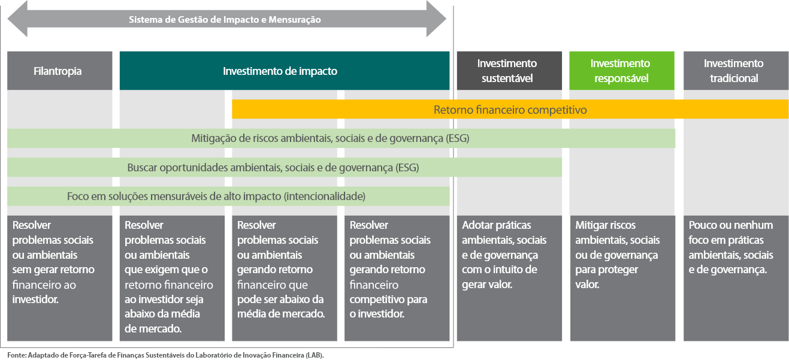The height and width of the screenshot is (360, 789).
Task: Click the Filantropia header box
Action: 59,71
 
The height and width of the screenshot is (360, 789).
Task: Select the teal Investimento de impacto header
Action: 284,71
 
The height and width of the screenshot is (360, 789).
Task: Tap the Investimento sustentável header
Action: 509,71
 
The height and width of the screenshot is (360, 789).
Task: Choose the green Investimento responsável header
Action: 622,71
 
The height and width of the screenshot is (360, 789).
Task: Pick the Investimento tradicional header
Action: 736,71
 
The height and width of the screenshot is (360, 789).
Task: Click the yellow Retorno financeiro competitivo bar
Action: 510,109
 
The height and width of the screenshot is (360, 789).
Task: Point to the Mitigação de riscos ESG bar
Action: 341,138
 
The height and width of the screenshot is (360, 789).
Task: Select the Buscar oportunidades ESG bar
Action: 285,167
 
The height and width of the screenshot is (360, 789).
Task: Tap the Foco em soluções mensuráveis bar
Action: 228,196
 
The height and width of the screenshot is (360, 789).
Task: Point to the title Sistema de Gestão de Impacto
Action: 225,19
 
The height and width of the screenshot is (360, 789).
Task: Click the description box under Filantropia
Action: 59,279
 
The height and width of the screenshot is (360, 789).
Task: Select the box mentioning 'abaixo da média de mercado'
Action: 172,279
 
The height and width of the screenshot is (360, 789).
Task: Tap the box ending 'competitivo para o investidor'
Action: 397,279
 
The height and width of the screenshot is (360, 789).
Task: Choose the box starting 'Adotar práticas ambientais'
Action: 509,279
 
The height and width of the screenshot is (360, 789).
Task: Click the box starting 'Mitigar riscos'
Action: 622,279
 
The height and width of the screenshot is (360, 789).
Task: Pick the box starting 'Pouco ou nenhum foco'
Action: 736,279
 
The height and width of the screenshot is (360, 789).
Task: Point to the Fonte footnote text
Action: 165,355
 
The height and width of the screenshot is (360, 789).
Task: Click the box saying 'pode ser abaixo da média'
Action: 284,279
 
